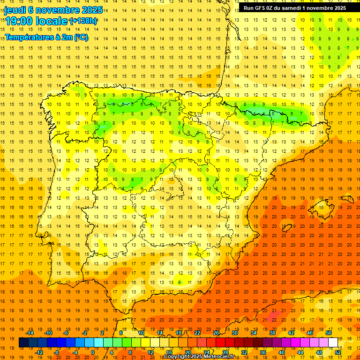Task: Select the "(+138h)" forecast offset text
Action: click(x=83, y=21)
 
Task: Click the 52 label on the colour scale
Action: click(x=338, y=352)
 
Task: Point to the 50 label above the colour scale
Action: click(x=329, y=333)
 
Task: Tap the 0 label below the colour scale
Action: click(x=93, y=352)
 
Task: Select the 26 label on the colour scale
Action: click(x=216, y=333)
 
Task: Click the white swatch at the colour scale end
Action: click(x=333, y=342)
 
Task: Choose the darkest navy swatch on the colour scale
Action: click(x=23, y=342)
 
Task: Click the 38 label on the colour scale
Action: click(x=272, y=333)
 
